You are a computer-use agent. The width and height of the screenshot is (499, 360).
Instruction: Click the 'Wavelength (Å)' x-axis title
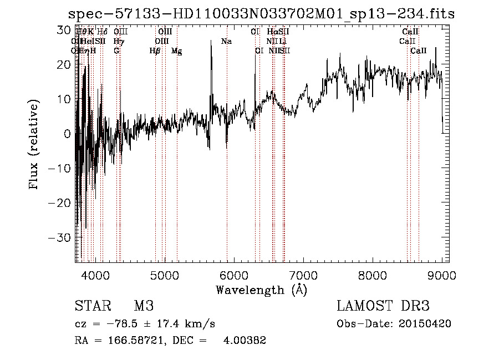261,290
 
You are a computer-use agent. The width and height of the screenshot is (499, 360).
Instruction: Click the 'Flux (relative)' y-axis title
35,145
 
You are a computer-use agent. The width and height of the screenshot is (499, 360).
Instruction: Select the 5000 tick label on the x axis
164,275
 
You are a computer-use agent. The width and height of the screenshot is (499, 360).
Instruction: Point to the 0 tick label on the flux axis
68,134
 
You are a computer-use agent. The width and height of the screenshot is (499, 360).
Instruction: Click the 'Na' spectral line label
226,41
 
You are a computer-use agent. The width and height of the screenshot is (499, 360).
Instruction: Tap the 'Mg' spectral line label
176,51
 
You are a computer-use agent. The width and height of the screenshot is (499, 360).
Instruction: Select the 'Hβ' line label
155,51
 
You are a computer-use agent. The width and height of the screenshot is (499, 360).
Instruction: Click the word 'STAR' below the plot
93,306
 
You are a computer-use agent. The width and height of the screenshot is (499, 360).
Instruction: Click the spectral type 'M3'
143,306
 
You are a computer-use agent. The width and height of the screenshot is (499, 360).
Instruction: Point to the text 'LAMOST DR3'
383,306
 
